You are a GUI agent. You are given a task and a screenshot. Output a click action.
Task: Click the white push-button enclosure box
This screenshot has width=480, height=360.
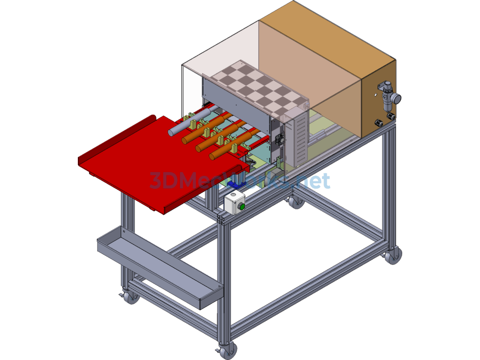[234, 203]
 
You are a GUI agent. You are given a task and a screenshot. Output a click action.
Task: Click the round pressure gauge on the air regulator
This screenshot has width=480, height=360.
[397, 98]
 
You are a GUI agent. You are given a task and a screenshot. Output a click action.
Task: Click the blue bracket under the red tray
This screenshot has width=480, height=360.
[237, 184]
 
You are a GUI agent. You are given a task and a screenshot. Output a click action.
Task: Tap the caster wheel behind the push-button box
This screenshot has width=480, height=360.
[295, 202]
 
